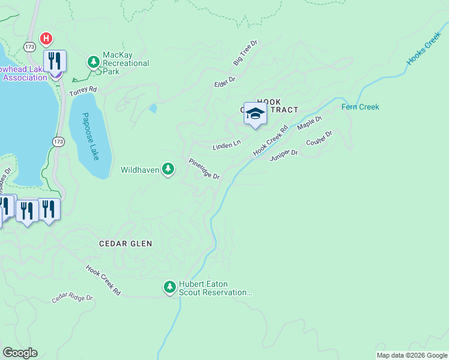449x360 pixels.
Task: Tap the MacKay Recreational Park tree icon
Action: [x=93, y=61]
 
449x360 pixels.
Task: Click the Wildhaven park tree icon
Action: [x=169, y=169]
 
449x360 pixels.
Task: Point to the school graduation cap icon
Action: [x=255, y=114]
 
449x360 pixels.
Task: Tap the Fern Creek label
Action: [x=360, y=107]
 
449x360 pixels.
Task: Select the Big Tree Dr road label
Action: [x=245, y=53]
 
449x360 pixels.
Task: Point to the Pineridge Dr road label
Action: [x=205, y=169]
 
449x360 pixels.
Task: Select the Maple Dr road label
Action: [x=310, y=123]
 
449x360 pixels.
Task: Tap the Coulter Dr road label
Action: [x=319, y=139]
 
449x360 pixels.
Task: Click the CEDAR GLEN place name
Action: [x=125, y=244]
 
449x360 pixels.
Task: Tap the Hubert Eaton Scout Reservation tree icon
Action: [x=170, y=287]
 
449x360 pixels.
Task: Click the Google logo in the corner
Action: [x=20, y=353]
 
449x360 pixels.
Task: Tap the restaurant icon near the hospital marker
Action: [x=55, y=62]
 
